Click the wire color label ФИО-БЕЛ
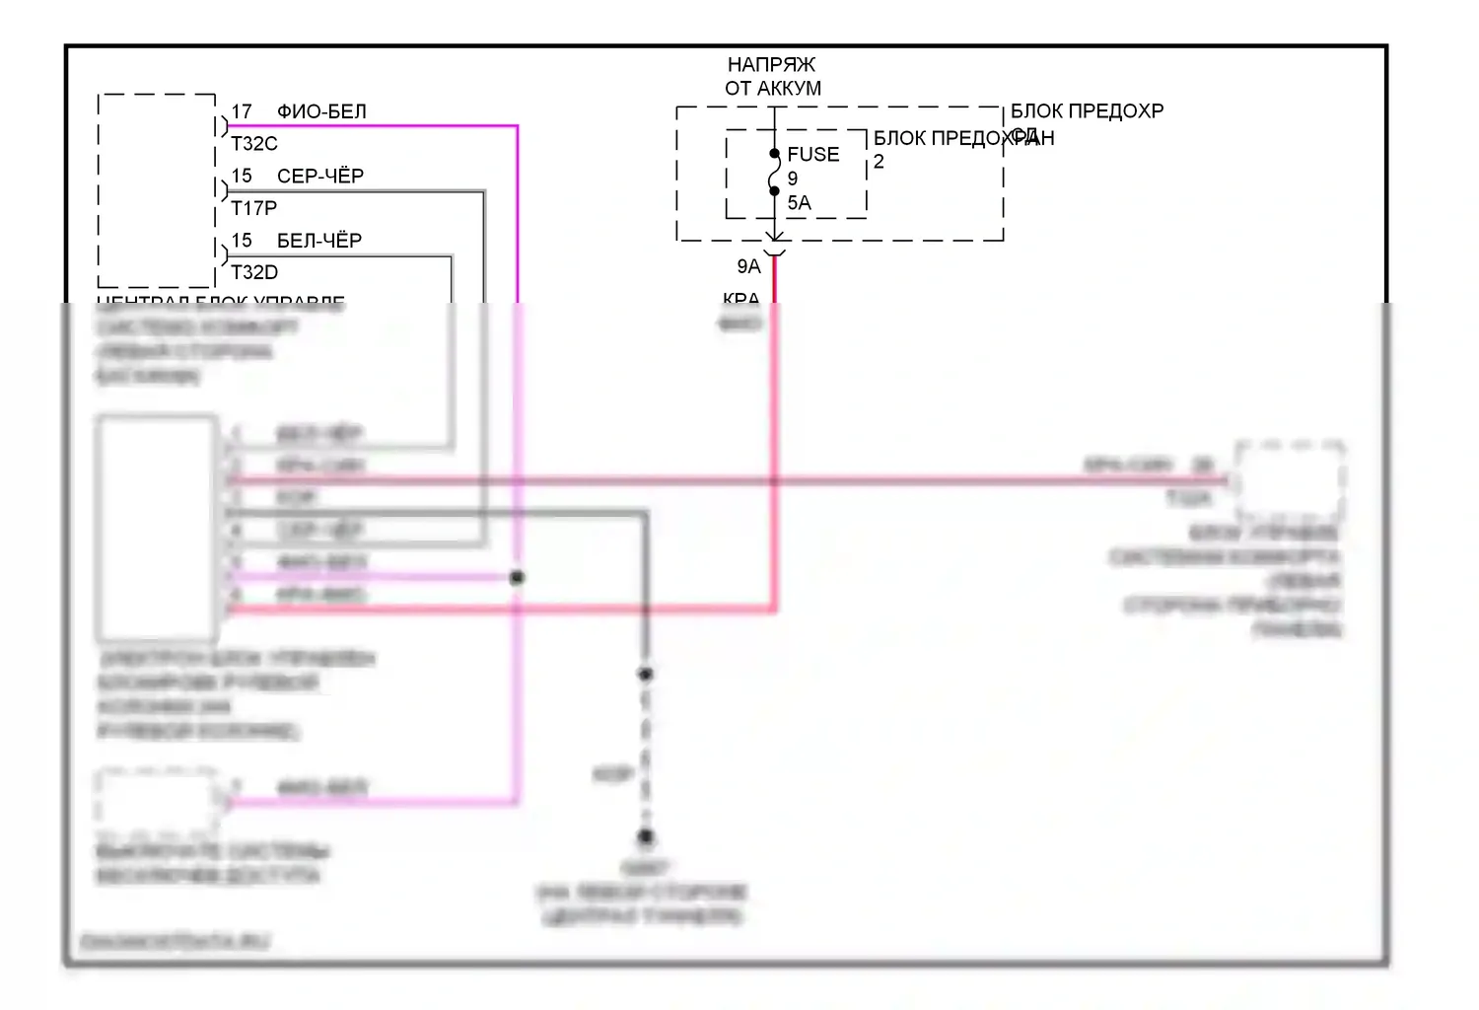[321, 111]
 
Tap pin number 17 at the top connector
[242, 111]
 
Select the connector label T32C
[254, 144]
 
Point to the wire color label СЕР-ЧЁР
[320, 176]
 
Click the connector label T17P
[254, 208]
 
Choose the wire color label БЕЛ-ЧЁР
[319, 240]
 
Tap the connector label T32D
[254, 272]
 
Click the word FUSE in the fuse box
[813, 154]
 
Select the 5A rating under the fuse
[799, 203]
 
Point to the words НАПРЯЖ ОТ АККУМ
[773, 76]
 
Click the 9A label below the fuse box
[749, 266]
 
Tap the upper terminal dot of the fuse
[775, 153]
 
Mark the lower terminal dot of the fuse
[775, 191]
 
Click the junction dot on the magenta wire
[517, 577]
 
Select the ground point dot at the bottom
[645, 836]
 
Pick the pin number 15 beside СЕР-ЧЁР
[242, 176]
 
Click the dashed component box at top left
[157, 190]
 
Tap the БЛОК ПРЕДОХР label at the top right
[1087, 110]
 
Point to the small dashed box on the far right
[1290, 480]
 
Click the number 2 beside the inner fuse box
[879, 162]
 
